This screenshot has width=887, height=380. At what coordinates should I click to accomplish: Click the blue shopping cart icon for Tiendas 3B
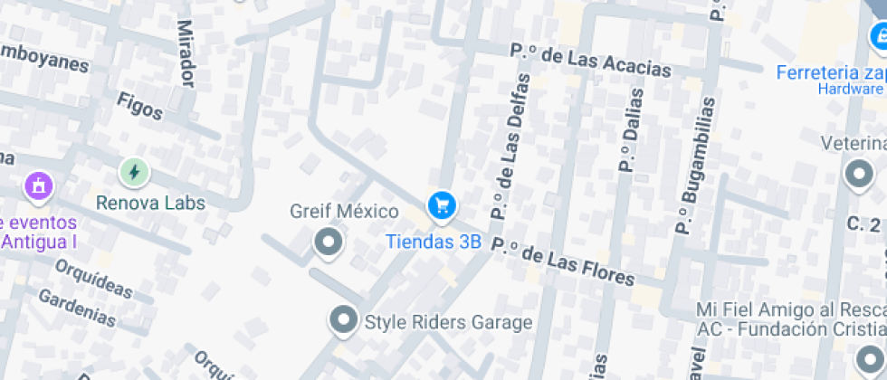[x=442, y=206]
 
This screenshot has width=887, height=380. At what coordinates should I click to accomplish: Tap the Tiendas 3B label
[x=434, y=242]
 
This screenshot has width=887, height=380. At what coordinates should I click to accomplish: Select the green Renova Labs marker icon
[x=134, y=171]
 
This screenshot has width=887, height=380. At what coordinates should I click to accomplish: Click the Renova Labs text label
[x=151, y=203]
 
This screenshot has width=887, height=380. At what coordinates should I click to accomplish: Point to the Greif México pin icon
[x=328, y=242]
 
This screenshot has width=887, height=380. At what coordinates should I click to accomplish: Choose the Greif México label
[x=344, y=212]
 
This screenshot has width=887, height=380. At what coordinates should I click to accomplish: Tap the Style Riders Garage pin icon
[x=342, y=319]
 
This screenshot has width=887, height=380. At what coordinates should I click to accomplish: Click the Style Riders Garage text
[x=448, y=321]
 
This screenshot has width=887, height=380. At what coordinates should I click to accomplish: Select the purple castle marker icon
[x=38, y=186]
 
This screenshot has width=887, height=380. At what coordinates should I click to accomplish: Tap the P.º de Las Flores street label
[x=569, y=262]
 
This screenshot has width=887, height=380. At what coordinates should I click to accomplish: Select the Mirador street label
[x=186, y=54]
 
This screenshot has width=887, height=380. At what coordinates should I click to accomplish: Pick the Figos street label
[x=139, y=106]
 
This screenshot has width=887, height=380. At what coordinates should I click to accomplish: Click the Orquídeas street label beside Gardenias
[x=93, y=280]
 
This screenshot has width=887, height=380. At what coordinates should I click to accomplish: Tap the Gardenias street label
[x=77, y=308]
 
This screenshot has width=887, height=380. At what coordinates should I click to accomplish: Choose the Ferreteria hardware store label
[x=830, y=72]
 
